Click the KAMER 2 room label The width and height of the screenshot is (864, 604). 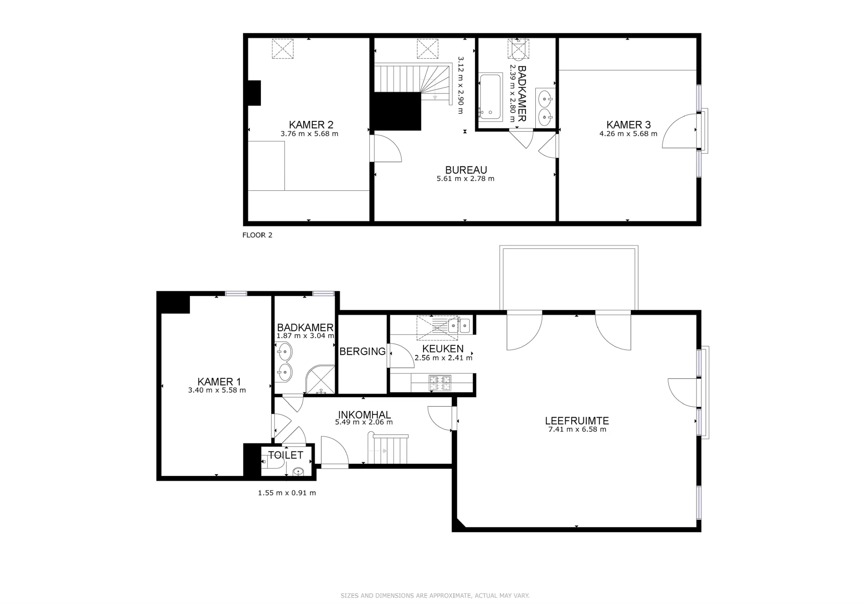(x=311, y=124)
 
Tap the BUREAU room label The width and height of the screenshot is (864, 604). (x=466, y=170)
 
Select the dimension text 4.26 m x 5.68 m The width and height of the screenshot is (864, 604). (x=628, y=133)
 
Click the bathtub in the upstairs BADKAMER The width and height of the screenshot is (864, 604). (x=491, y=97)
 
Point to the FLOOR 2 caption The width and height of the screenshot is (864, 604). (x=257, y=235)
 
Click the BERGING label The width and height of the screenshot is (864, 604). (x=363, y=351)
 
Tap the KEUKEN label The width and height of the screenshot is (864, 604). (x=443, y=349)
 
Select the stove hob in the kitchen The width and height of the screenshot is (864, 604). (x=440, y=383)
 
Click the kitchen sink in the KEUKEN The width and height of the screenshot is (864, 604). (x=459, y=325)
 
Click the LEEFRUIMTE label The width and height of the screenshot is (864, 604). (x=577, y=421)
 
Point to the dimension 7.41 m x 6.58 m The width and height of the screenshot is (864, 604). (x=577, y=430)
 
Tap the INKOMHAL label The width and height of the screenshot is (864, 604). (x=364, y=414)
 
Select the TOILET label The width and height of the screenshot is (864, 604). (x=285, y=455)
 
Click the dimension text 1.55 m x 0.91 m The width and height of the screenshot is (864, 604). (x=287, y=493)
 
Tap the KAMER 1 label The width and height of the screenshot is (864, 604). (x=219, y=382)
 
